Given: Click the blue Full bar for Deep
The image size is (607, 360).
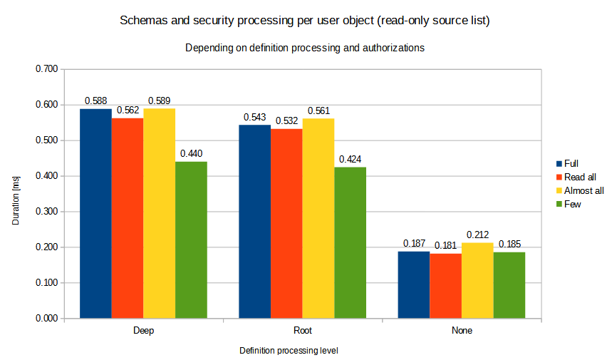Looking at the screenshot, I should [x=95, y=214].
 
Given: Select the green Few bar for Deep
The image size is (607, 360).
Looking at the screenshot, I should [x=191, y=240].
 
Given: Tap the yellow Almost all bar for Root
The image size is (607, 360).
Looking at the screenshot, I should [x=318, y=218].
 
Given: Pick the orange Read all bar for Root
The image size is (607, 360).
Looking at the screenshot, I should [x=286, y=223].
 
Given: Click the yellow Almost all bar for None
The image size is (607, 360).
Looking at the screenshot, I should [x=477, y=280].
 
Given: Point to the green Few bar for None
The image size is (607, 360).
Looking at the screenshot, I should [x=509, y=285].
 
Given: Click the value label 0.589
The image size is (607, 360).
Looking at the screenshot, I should [x=160, y=101].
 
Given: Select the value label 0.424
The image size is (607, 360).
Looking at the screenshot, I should [x=351, y=159].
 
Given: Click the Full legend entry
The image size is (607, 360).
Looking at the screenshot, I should [x=571, y=163].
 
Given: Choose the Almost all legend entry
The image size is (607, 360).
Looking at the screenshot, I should [x=583, y=190].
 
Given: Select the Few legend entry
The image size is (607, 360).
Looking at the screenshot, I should [x=571, y=204].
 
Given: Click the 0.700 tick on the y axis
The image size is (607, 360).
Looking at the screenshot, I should [x=46, y=69].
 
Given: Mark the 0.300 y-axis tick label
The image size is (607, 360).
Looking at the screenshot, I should [x=46, y=212].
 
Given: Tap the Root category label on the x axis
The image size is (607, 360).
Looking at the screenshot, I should [x=303, y=331].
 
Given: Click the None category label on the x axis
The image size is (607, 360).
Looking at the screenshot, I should [x=462, y=331].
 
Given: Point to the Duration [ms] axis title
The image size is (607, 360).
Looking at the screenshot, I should [x=16, y=194].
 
